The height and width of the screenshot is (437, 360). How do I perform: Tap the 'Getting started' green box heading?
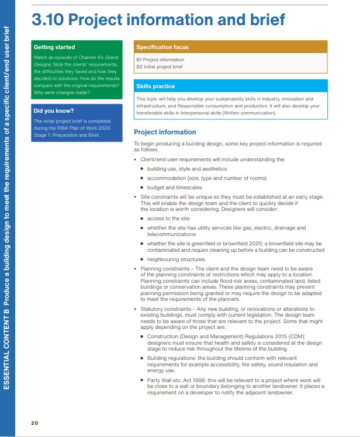tap(54, 47)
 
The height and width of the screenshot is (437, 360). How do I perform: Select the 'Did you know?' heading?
tap(54, 110)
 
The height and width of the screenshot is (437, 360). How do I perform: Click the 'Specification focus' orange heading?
tap(162, 47)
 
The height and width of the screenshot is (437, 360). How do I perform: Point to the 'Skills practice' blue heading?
tap(155, 86)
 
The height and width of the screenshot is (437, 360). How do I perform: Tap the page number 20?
tap(34, 422)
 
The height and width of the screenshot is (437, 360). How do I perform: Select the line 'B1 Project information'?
tap(160, 60)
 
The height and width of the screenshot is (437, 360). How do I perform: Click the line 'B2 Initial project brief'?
tap(161, 67)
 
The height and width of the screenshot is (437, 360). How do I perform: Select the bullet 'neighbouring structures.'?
tap(176, 259)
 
